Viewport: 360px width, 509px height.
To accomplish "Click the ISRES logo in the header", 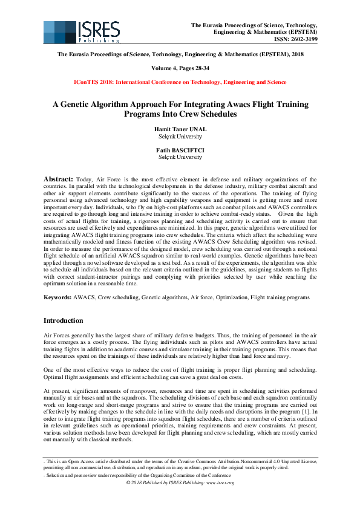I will tap(82, 32).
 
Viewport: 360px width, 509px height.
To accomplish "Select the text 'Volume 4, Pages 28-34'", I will tap(180, 68).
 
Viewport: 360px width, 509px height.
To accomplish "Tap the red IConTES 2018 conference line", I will tap(180, 82).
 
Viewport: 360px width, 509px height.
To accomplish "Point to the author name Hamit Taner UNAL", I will tap(180, 129).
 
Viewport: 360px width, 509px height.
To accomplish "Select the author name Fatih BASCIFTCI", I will tap(180, 150).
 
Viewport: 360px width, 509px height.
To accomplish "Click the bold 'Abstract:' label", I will tap(58, 180).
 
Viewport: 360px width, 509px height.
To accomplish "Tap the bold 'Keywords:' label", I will tap(57, 298).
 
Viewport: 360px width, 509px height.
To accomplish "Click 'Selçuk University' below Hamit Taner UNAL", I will tap(180, 136).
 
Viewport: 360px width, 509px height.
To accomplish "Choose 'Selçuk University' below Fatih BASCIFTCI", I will tap(180, 157).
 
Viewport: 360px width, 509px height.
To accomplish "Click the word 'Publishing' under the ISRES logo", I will tap(98, 41).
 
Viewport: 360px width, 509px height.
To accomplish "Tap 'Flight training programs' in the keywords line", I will tap(284, 298).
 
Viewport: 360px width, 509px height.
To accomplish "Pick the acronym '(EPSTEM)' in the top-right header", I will tap(301, 32).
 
